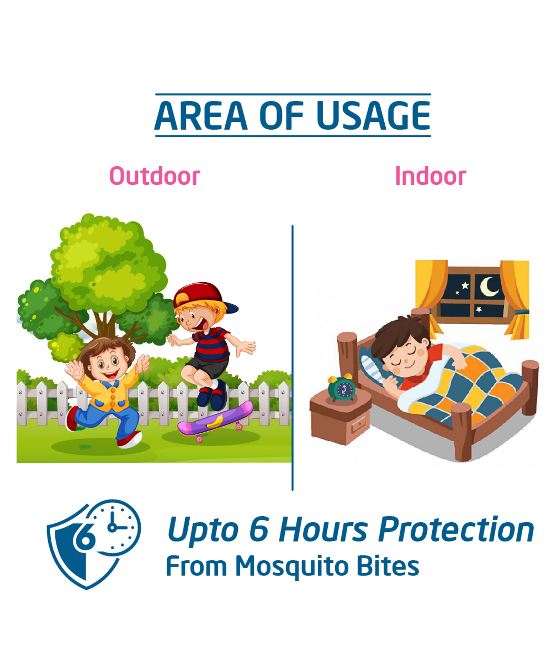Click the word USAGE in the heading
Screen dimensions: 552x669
(x=373, y=116)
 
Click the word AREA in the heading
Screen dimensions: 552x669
(x=201, y=116)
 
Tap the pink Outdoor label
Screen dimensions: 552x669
(x=155, y=176)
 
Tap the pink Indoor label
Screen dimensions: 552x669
(x=430, y=176)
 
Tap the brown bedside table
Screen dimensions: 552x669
(x=340, y=418)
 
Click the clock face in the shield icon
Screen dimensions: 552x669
(x=114, y=527)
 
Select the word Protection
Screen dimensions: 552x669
(x=456, y=530)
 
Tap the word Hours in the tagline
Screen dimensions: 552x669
(x=323, y=530)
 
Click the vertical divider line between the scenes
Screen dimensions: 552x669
(x=293, y=357)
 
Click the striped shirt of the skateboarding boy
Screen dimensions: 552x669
(x=211, y=344)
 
